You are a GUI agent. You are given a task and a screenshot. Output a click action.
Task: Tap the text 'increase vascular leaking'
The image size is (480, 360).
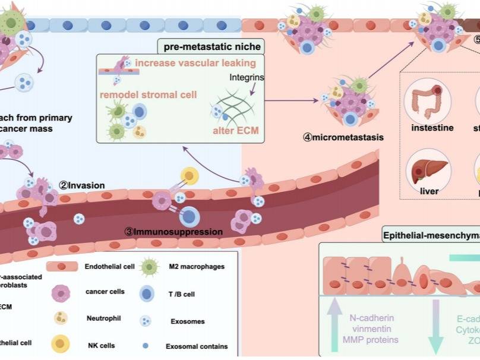pos(195,63)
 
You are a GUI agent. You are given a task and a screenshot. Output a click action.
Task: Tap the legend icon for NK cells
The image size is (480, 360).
pos(61,343)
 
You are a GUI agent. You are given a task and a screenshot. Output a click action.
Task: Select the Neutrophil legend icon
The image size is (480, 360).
pos(62,318)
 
